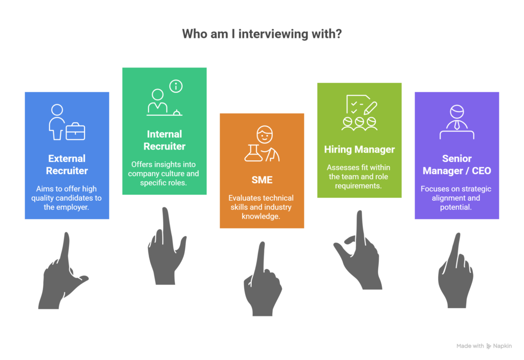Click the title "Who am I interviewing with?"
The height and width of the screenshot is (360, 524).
click(x=261, y=34)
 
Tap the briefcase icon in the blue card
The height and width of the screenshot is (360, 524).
click(x=76, y=131)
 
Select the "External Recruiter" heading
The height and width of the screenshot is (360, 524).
click(x=67, y=164)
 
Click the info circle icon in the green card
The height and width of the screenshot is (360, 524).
click(x=176, y=87)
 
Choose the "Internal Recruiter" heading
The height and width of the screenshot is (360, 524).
click(x=164, y=140)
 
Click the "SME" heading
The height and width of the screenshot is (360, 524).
click(x=262, y=180)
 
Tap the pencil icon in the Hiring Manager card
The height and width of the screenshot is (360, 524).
click(x=370, y=108)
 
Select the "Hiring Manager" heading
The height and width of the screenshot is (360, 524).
click(x=360, y=150)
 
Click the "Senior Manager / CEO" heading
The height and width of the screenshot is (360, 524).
click(x=457, y=164)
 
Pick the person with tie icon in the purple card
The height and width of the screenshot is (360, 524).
click(x=457, y=122)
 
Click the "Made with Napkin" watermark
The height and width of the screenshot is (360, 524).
click(x=484, y=346)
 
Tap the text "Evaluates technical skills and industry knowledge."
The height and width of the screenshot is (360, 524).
click(x=261, y=207)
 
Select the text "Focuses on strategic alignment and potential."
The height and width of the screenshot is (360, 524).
click(x=456, y=198)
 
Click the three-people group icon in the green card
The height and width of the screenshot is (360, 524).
click(x=360, y=123)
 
